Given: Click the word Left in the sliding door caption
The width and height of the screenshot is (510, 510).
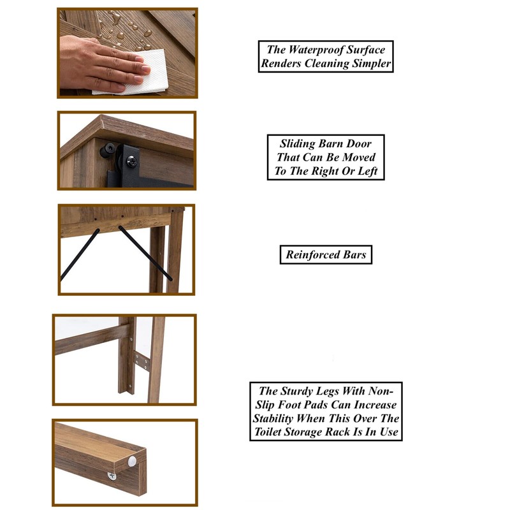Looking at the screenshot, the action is click(367, 171).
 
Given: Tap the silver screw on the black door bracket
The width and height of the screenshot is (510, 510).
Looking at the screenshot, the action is click(131, 161).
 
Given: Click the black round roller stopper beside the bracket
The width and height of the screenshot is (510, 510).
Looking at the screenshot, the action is click(107, 150).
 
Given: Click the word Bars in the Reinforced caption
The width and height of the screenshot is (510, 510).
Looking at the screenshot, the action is click(354, 254).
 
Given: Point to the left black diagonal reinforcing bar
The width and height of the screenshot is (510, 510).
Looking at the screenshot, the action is click(80, 254).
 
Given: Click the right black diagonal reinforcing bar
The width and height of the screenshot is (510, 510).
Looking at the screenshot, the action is click(145, 252).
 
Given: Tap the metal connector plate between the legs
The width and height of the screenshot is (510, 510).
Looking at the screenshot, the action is click(142, 361).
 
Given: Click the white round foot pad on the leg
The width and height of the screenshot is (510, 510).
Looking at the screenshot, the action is click(132, 461).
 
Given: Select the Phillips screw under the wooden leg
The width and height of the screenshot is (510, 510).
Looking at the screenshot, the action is click(112, 476).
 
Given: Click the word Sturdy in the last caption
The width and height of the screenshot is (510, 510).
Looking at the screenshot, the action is click(295, 391).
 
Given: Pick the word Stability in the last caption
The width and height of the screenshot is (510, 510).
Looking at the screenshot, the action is click(273, 418).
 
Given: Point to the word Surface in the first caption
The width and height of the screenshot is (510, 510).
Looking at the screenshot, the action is click(365, 50).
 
